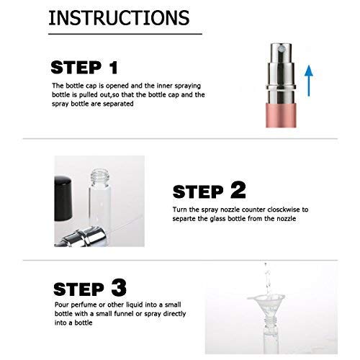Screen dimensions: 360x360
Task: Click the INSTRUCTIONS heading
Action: tap(119, 18)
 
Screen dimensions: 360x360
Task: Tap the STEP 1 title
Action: tap(84, 68)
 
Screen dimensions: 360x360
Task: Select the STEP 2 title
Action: tap(210, 191)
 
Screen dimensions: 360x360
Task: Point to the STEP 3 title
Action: tap(90, 288)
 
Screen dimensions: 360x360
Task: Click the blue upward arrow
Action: tap(309, 81)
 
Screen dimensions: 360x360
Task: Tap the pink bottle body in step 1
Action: tap(282, 115)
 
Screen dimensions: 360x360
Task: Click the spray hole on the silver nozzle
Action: tap(281, 50)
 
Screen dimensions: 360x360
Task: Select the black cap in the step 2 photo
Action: tap(63, 199)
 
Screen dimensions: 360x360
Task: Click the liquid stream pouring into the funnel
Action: tap(266, 279)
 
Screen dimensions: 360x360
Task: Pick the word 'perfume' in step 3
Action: tap(84, 305)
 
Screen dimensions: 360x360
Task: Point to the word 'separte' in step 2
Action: tap(184, 219)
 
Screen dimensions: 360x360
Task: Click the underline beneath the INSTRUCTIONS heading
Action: tap(125, 34)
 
